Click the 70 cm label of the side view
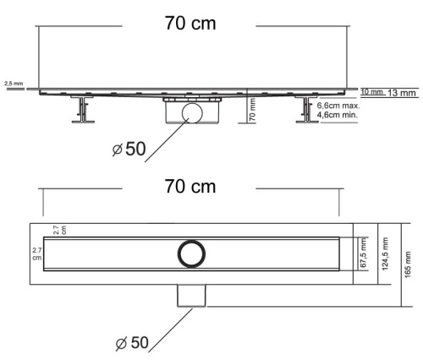point(190,23)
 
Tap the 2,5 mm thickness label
point(14,85)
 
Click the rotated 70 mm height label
point(253,111)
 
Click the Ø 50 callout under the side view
point(129,150)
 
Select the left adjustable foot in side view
point(82,111)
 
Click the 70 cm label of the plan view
point(190,186)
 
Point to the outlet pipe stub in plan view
point(193,294)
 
